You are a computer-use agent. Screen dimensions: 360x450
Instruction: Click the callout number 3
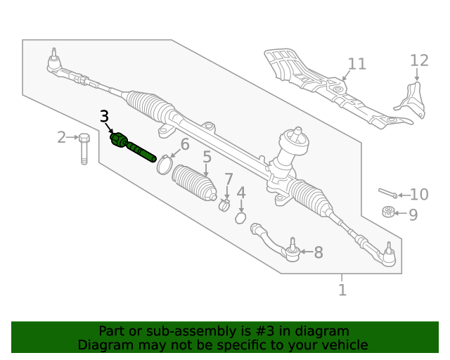click(104, 117)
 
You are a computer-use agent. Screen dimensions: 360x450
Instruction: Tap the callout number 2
click(62, 137)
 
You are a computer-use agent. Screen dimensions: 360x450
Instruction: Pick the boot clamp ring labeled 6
click(164, 165)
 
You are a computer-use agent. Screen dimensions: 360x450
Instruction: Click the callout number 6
click(185, 145)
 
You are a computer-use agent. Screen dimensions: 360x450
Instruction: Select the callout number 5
click(207, 157)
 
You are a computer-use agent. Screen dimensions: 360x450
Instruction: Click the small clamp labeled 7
click(225, 205)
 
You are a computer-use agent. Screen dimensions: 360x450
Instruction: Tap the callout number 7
click(229, 179)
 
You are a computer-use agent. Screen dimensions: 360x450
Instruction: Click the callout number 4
click(241, 193)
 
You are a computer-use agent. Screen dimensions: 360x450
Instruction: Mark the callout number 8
click(319, 252)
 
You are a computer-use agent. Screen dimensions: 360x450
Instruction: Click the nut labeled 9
click(387, 212)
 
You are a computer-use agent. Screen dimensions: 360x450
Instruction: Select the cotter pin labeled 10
click(388, 192)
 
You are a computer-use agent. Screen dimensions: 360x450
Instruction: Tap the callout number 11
click(356, 64)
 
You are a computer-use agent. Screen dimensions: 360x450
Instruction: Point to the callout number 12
click(419, 61)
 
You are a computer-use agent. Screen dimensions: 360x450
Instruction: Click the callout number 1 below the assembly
click(342, 290)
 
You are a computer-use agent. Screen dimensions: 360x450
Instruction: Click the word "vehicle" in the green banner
click(342, 345)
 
